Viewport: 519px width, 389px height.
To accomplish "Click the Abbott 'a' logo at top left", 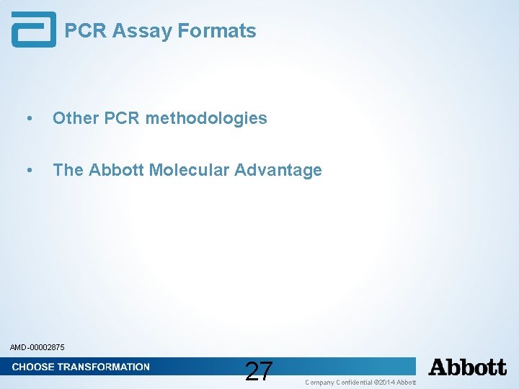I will click(33, 30).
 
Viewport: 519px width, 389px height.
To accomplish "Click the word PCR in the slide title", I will click(86, 31).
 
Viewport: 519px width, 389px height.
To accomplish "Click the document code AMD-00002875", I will click(37, 348).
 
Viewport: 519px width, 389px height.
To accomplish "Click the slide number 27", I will click(259, 371).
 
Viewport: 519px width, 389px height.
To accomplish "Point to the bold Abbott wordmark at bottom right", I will click(467, 367).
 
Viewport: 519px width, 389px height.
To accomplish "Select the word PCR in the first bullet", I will click(123, 118).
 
